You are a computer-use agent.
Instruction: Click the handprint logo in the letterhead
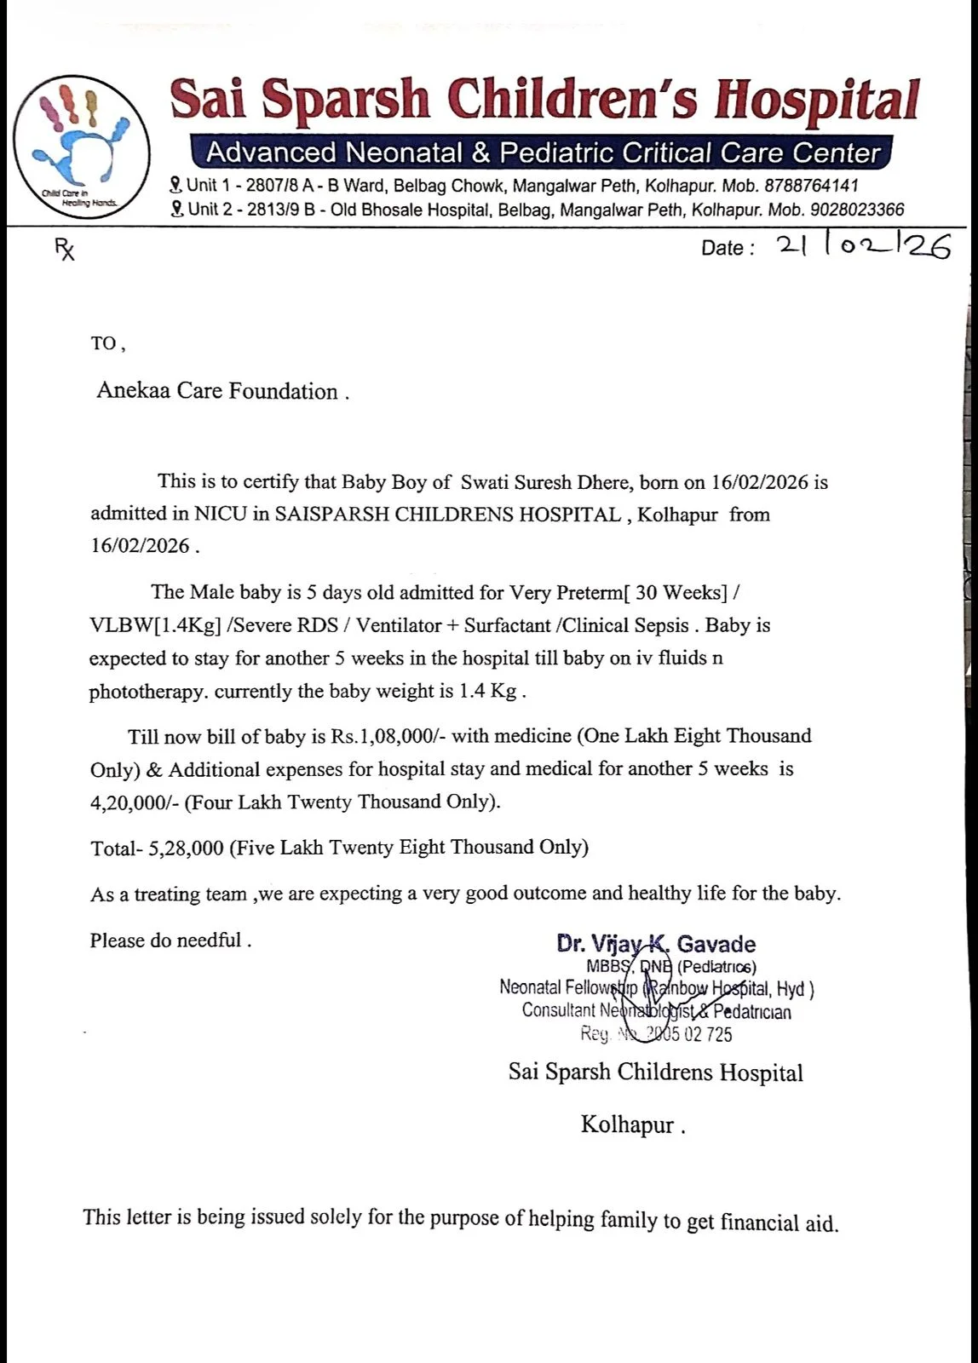pyautogui.click(x=82, y=147)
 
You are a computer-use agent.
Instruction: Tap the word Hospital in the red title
pyautogui.click(x=817, y=100)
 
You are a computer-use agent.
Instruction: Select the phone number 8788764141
pyautogui.click(x=811, y=186)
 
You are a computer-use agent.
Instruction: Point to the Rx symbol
pyautogui.click(x=65, y=249)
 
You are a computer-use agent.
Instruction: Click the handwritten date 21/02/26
pyautogui.click(x=862, y=246)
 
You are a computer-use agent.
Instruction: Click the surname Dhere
pyautogui.click(x=605, y=482)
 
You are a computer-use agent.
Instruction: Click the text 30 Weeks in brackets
pyautogui.click(x=680, y=592)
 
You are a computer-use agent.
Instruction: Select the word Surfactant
pyautogui.click(x=508, y=625)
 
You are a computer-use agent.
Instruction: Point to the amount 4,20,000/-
pyautogui.click(x=135, y=802)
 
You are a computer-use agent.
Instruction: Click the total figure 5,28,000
pyautogui.click(x=186, y=848)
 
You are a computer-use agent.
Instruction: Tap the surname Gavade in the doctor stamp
pyautogui.click(x=716, y=944)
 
